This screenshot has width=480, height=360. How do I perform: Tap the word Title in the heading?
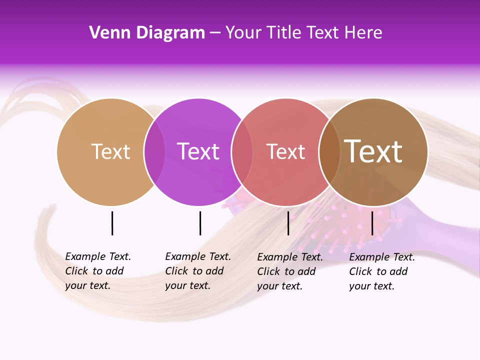click(x=288, y=33)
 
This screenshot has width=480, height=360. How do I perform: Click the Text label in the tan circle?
click(x=110, y=151)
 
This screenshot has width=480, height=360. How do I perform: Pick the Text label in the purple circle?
click(x=198, y=151)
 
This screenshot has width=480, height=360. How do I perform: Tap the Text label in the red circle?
click(x=285, y=151)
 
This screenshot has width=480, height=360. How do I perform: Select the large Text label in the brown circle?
click(x=373, y=151)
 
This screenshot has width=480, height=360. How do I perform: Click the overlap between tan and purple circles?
click(x=154, y=152)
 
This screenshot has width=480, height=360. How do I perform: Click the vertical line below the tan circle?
click(x=112, y=223)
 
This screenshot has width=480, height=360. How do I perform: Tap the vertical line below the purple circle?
click(x=200, y=223)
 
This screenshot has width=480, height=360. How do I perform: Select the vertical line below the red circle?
click(x=288, y=223)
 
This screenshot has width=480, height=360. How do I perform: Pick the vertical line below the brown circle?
click(x=372, y=223)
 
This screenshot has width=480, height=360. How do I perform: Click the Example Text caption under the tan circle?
click(x=97, y=271)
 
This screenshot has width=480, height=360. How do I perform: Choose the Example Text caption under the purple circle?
click(x=197, y=271)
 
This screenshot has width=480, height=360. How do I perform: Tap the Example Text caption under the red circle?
click(x=289, y=271)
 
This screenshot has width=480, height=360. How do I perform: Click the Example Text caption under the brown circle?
click(x=381, y=271)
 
